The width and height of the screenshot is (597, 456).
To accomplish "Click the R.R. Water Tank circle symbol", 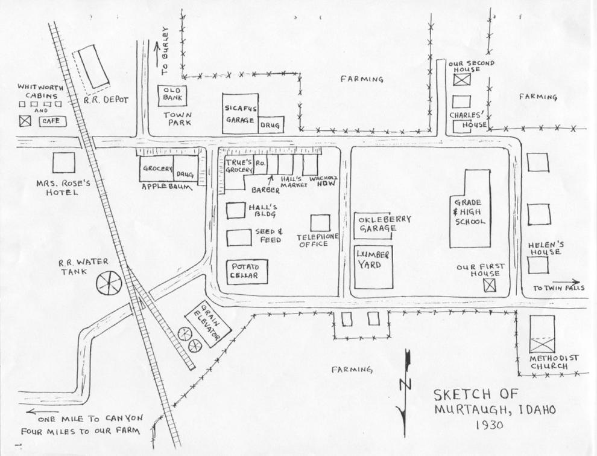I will [109, 282].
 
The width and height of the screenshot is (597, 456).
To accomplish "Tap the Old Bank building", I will [172, 95].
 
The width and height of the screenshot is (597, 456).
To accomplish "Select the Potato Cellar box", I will [247, 272].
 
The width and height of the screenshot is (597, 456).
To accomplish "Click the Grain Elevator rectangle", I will [203, 325].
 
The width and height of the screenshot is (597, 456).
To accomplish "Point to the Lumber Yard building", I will [373, 266].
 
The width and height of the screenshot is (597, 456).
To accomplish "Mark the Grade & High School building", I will [470, 209].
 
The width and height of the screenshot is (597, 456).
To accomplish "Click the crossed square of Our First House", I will [494, 285].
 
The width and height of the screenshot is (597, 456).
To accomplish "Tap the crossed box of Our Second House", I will [462, 79].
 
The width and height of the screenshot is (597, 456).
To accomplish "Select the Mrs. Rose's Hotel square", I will [63, 162].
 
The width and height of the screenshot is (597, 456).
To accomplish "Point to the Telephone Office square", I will [320, 223].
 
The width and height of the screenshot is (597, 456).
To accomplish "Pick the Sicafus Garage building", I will [240, 114].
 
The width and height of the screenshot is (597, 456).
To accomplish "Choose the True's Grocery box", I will [239, 166].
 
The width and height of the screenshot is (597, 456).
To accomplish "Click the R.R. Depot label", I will [106, 100].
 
